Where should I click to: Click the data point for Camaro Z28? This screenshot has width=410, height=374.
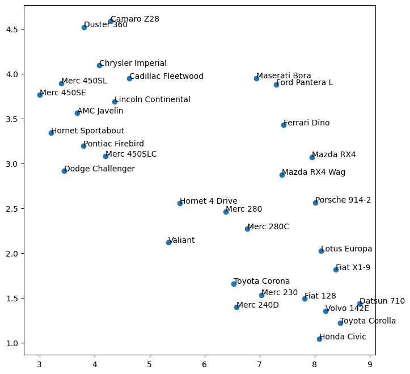click(x=111, y=21)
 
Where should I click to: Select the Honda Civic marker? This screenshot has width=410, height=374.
click(x=319, y=339)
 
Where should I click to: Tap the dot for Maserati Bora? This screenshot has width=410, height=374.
click(x=256, y=78)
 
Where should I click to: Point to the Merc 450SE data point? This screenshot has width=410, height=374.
click(x=40, y=95)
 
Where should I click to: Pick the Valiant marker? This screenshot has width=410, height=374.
click(x=168, y=242)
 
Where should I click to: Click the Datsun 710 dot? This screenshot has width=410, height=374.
click(x=360, y=304)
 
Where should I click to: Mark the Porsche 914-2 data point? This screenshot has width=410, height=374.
click(x=315, y=203)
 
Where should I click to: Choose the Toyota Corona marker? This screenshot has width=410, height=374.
click(x=234, y=284)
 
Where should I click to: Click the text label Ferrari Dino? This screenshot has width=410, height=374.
click(x=306, y=123)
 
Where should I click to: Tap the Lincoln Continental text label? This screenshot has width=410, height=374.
click(x=153, y=100)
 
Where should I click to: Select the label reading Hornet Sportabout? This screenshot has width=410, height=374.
click(x=87, y=131)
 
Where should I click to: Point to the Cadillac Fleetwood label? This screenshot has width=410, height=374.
click(x=166, y=77)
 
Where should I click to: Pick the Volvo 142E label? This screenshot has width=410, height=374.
click(x=347, y=309)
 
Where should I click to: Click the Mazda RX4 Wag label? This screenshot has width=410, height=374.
click(x=314, y=173)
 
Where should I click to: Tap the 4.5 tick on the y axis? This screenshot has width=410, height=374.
click(x=13, y=29)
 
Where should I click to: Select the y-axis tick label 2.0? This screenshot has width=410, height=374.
click(x=13, y=254)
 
